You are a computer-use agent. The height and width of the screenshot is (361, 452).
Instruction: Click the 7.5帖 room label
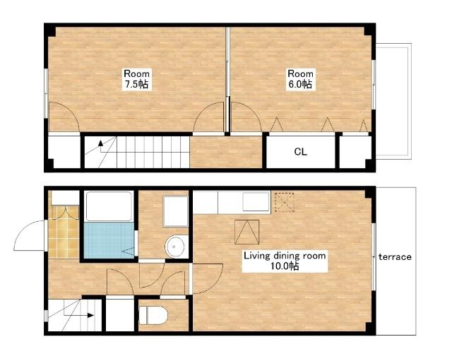click(x=136, y=78)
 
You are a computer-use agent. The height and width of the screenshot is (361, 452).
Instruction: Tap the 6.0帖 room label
click(x=300, y=78)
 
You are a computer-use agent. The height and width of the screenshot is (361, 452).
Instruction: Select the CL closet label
click(x=300, y=152)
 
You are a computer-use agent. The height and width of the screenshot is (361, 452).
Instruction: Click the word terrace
click(x=395, y=256)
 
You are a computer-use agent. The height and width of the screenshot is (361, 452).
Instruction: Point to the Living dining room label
click(x=285, y=261)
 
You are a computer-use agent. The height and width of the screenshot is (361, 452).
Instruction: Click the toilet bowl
click(x=153, y=315)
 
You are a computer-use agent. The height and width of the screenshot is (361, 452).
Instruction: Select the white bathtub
click(x=109, y=206)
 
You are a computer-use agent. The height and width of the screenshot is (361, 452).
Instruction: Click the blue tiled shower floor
click(x=109, y=240)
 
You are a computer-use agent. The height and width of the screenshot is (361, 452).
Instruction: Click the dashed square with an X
click(x=284, y=203)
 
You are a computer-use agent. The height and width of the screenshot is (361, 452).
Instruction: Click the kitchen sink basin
click(x=256, y=202)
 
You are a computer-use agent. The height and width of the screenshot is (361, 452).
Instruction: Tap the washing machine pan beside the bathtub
click(x=175, y=211)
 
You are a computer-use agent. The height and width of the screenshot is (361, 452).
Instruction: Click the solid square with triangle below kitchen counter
click(x=246, y=232)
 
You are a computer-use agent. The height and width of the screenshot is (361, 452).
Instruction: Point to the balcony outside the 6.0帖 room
click(x=394, y=101)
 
